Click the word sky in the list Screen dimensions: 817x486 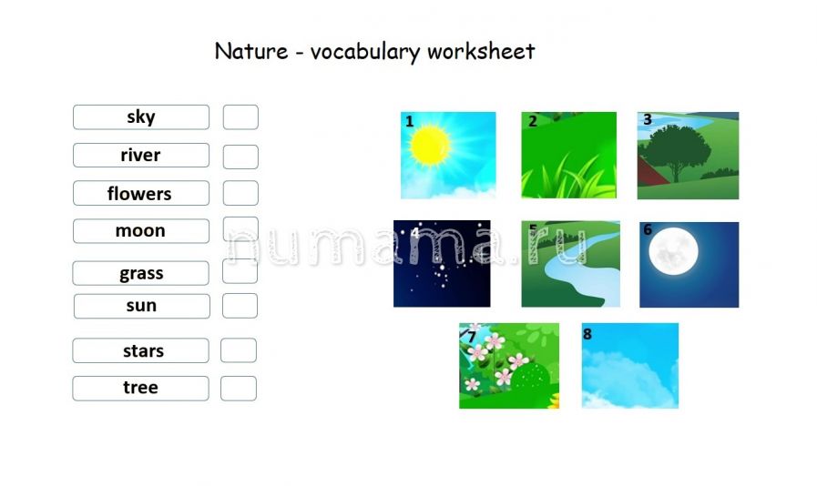141,116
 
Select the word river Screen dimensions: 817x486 140,156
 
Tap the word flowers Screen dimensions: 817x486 139,194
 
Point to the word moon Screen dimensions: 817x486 140,231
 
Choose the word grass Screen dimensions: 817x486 141,273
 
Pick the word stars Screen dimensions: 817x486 143,351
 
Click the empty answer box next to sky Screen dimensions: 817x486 240,117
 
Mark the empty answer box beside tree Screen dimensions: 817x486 239,389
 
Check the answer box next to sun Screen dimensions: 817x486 240,306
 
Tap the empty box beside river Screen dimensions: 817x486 240,157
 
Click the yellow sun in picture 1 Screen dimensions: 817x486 430,146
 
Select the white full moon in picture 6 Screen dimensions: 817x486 674,251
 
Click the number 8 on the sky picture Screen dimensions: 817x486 587,334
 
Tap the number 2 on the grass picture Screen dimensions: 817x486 533,121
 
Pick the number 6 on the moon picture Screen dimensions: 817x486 648,229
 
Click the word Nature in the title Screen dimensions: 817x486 251,51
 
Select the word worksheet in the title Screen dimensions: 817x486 481,52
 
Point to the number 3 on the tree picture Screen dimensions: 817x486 648,119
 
